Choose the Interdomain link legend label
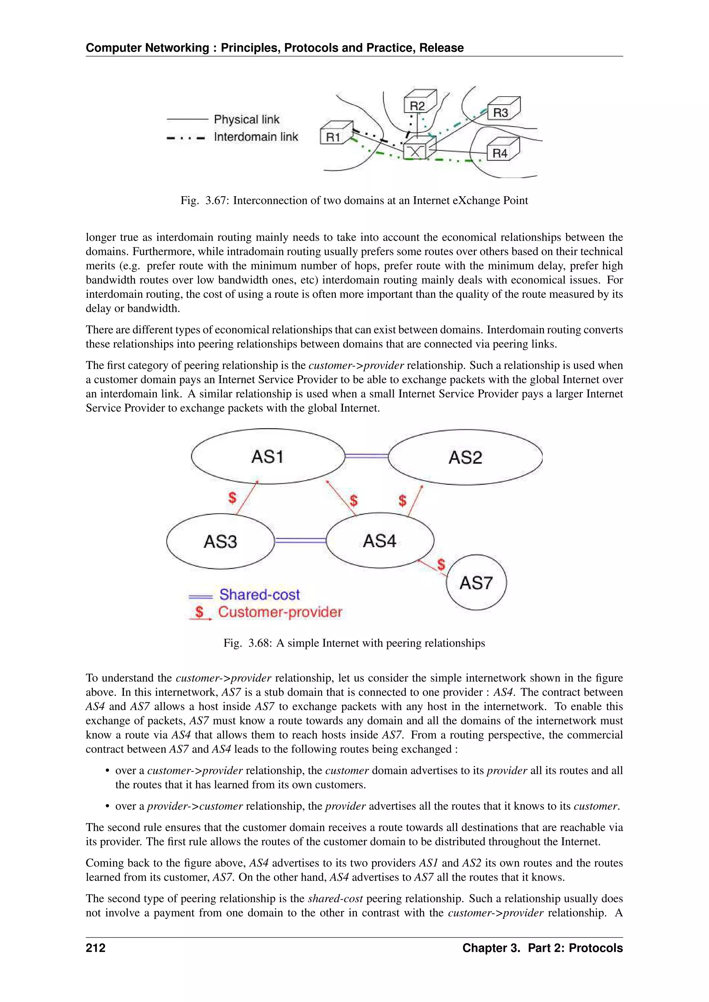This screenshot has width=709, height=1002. pos(256,137)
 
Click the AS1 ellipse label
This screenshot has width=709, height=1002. pos(268,457)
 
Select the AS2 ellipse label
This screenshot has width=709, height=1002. pos(465,457)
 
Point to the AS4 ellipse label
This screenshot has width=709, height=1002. pos(379,541)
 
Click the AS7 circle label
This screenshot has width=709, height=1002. pos(476,583)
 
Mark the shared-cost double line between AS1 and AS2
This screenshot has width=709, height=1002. pos(366,456)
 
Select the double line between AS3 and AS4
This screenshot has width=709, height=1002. pos(300,541)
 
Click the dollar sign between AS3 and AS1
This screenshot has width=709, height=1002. pos(232,497)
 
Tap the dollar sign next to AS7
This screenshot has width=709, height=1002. pos(441,564)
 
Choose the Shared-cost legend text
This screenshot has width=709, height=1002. pos(259,594)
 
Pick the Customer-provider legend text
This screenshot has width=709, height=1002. pos(280,612)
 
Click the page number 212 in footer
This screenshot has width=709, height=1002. pos(96,948)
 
